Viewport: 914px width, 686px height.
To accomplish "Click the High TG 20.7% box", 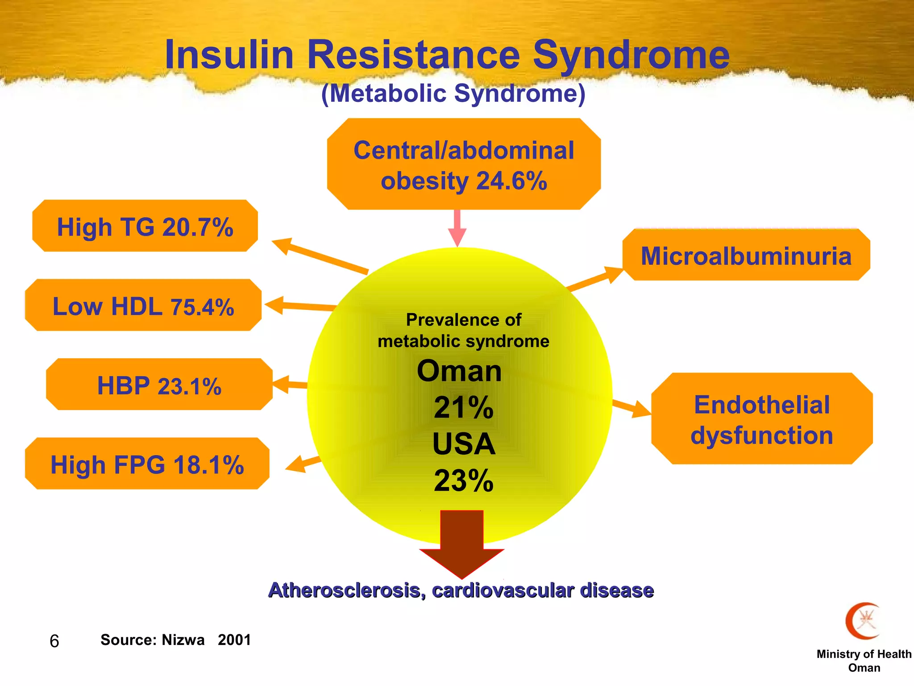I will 145,226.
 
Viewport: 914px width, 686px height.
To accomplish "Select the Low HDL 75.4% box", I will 143,305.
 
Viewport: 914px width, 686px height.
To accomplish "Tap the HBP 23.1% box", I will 159,385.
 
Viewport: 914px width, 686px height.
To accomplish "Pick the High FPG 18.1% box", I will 147,464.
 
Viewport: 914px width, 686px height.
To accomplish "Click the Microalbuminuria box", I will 746,255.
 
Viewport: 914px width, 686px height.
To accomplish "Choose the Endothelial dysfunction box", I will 762,419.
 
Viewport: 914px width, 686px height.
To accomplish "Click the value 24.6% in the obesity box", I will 511,181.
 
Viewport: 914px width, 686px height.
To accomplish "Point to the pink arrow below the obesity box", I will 457,228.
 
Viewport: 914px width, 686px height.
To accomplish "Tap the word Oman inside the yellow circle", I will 459,371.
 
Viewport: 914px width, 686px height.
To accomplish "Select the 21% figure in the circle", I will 463,407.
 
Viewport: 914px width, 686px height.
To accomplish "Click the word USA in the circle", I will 463,444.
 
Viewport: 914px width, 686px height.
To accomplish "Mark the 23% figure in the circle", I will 463,481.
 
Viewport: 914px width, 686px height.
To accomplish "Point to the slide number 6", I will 54,641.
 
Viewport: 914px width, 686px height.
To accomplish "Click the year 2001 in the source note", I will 234,640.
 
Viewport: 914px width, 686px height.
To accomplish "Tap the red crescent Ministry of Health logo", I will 862,621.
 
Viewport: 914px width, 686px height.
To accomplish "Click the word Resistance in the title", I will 413,54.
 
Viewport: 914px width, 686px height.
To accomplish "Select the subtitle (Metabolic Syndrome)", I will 453,93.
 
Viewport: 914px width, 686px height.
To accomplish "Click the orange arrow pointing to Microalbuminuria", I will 595,279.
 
